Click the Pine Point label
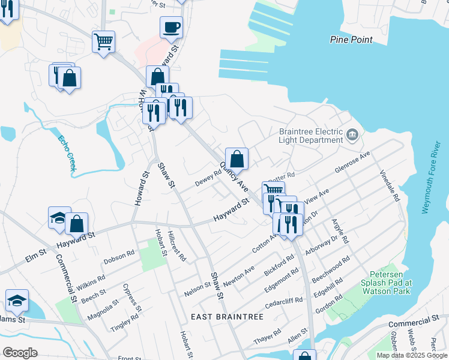click(x=351, y=40)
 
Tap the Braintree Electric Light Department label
click(x=310, y=136)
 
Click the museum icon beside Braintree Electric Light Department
click(x=353, y=134)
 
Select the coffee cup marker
click(x=171, y=27)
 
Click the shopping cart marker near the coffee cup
click(x=103, y=42)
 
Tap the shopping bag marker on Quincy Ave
click(x=237, y=159)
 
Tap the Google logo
click(x=20, y=353)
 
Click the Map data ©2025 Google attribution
click(x=412, y=355)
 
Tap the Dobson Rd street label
click(x=119, y=257)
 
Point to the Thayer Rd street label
click(x=268, y=339)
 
